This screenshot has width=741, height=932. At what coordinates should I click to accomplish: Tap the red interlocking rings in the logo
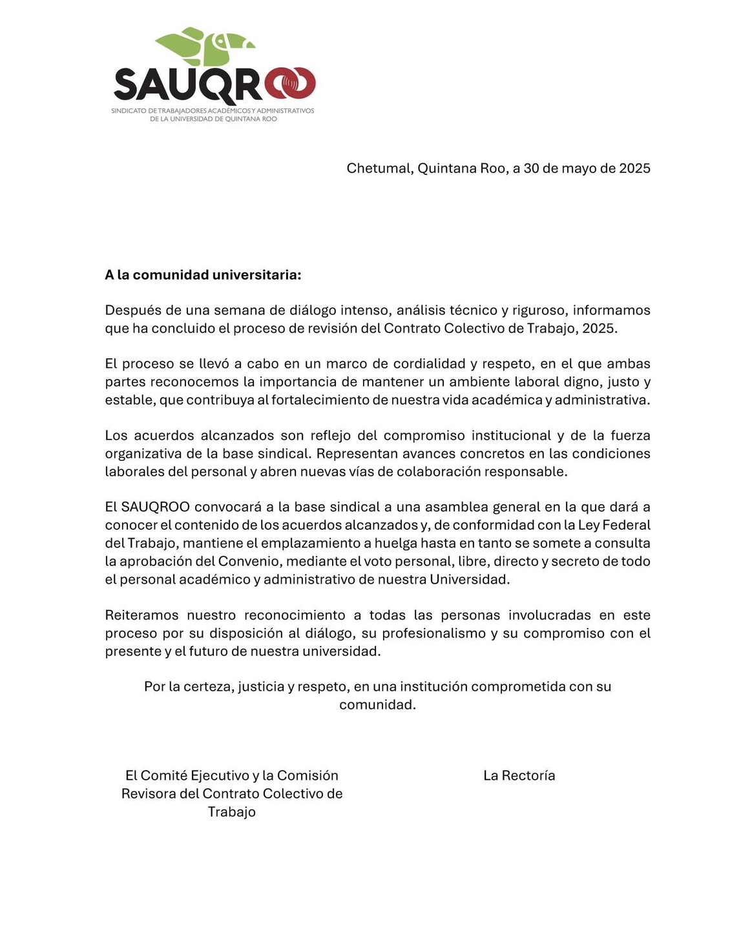click(x=290, y=85)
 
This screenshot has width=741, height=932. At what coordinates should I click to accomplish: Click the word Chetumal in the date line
click(x=379, y=168)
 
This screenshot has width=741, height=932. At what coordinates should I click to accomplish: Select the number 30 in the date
click(x=531, y=168)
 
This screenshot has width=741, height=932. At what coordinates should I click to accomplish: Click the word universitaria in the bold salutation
click(x=257, y=275)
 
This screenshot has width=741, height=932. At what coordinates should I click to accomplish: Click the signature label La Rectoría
click(x=519, y=776)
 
